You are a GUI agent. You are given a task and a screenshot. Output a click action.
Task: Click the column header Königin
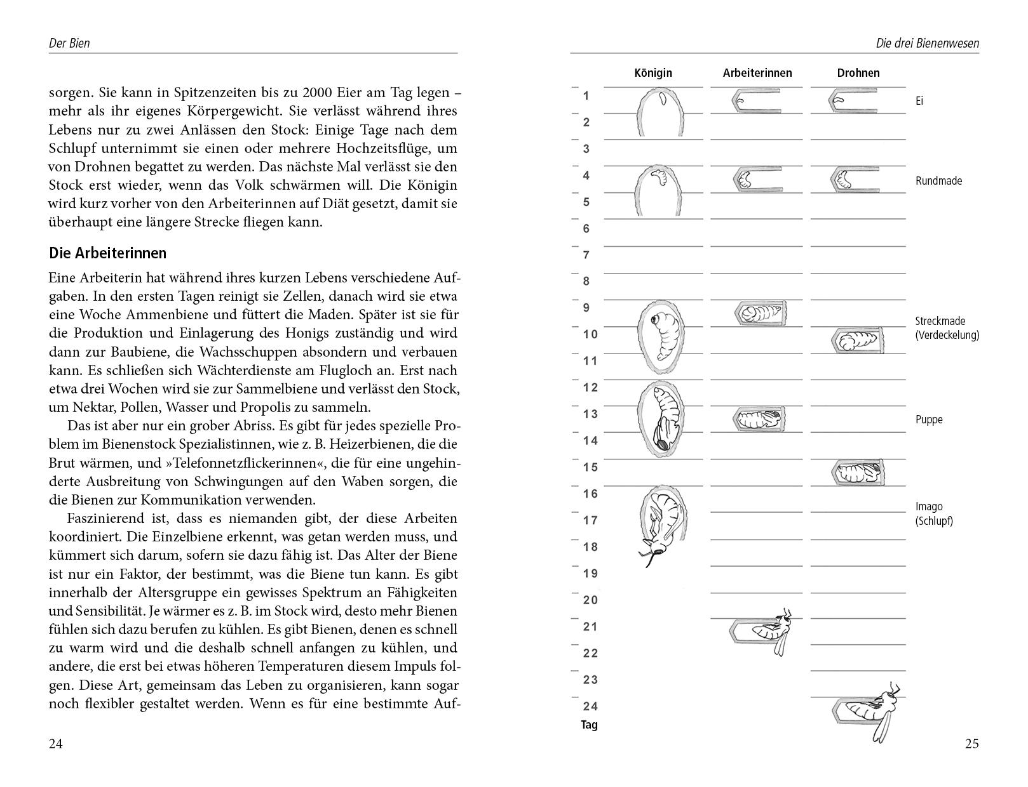(653, 73)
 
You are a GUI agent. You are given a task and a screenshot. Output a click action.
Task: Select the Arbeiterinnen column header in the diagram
(757, 73)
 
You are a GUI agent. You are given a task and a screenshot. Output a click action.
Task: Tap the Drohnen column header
(858, 73)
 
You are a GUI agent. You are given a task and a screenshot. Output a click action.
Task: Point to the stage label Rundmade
(938, 181)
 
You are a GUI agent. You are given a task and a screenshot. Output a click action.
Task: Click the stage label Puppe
(929, 420)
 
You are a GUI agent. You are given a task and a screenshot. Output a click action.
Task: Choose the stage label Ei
(919, 101)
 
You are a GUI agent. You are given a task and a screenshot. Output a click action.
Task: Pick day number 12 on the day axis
(590, 387)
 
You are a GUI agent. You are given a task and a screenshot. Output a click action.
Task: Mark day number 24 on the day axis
(590, 706)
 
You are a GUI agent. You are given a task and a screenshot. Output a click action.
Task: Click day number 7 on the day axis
(586, 255)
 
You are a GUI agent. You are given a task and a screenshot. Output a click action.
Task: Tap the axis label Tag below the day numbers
(589, 725)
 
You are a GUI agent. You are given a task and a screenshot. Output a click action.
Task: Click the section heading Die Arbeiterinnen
(107, 253)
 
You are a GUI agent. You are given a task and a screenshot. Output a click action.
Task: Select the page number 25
(971, 744)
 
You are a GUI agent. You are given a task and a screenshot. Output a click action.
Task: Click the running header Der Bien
(69, 43)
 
